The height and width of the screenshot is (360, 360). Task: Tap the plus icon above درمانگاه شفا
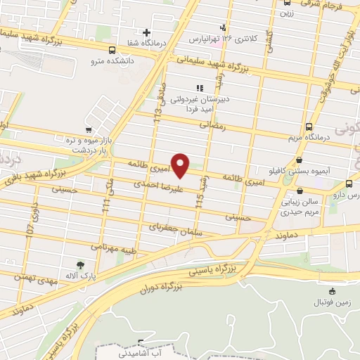click(x=146, y=32)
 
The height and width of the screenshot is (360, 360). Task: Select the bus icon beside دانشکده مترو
click(x=112, y=50)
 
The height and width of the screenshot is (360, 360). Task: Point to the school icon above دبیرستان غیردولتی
click(x=199, y=89)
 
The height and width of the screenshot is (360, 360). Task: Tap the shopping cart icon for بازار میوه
click(x=88, y=130)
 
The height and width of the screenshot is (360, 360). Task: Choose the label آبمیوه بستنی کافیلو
click(x=300, y=171)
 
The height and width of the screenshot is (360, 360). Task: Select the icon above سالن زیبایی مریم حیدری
click(x=300, y=190)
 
